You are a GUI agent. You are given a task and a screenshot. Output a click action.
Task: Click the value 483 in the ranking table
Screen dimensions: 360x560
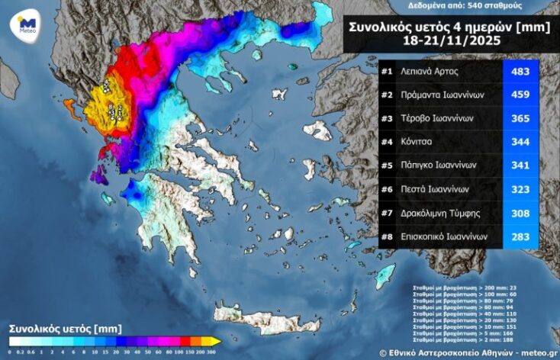pos(520,72)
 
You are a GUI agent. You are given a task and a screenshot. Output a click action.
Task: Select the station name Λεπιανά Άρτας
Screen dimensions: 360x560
pos(436,72)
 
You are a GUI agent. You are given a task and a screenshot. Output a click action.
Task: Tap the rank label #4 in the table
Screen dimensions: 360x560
pos(388,142)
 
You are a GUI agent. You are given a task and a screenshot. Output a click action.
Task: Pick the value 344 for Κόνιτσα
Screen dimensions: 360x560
pos(520,142)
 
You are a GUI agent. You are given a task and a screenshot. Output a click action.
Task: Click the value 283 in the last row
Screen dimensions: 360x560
pos(520,236)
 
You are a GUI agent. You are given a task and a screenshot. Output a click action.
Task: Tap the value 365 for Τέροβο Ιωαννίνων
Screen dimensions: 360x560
pos(520,119)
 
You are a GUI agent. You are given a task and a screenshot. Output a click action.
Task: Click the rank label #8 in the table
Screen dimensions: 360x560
pos(388,236)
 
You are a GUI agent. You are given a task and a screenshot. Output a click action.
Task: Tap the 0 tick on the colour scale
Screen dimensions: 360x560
pos(10,353)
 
